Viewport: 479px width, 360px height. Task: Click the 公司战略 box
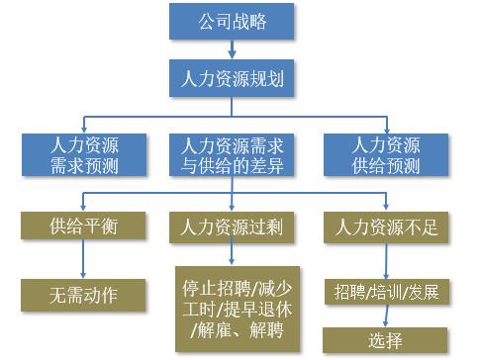pos(232,22)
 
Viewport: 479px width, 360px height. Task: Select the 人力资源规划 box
pos(232,78)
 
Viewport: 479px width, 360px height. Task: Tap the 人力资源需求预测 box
pos(84,155)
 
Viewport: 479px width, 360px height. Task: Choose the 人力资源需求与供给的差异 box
pos(232,155)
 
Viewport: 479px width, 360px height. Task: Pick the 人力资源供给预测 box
pos(386,155)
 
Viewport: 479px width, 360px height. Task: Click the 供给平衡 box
pos(83,225)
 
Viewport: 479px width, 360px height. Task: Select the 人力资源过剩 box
pos(232,227)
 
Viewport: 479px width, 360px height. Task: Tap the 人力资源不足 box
pos(386,227)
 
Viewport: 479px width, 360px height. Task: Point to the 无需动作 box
pos(83,295)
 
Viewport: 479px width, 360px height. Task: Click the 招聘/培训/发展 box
pos(387,292)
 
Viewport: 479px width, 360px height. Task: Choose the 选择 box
pos(385,340)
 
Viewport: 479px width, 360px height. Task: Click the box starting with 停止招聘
pos(238,310)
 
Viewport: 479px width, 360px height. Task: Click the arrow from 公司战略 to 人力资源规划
pos(232,49)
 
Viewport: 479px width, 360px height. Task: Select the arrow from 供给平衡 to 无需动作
pos(83,259)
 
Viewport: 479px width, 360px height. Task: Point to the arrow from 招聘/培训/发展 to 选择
pos(386,315)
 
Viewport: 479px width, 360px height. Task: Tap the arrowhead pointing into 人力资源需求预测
pos(84,130)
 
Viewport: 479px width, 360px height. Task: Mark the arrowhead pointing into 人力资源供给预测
pos(387,130)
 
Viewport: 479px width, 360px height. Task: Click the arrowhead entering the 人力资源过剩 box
pos(232,208)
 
